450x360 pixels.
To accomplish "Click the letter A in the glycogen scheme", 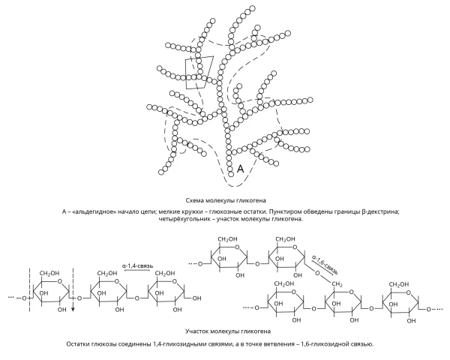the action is (241, 169).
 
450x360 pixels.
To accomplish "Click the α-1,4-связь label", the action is (137, 265).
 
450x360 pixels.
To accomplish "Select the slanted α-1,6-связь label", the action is (325, 264).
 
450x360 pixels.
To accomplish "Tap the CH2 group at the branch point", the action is (337, 284).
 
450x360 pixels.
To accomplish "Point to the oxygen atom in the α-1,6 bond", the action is (317, 273).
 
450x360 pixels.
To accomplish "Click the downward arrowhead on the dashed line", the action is (73, 309).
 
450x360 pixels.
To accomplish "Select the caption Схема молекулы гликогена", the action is (226, 200).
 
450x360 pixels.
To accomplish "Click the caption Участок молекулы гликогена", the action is (228, 331).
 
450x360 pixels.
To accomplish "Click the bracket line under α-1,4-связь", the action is (137, 270).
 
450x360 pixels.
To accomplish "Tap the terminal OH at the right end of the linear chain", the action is (196, 298).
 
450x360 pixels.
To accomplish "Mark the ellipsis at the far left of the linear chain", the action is (11, 297).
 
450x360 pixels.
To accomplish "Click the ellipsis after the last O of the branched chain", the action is (439, 310).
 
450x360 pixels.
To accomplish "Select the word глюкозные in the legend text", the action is (223, 211).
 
